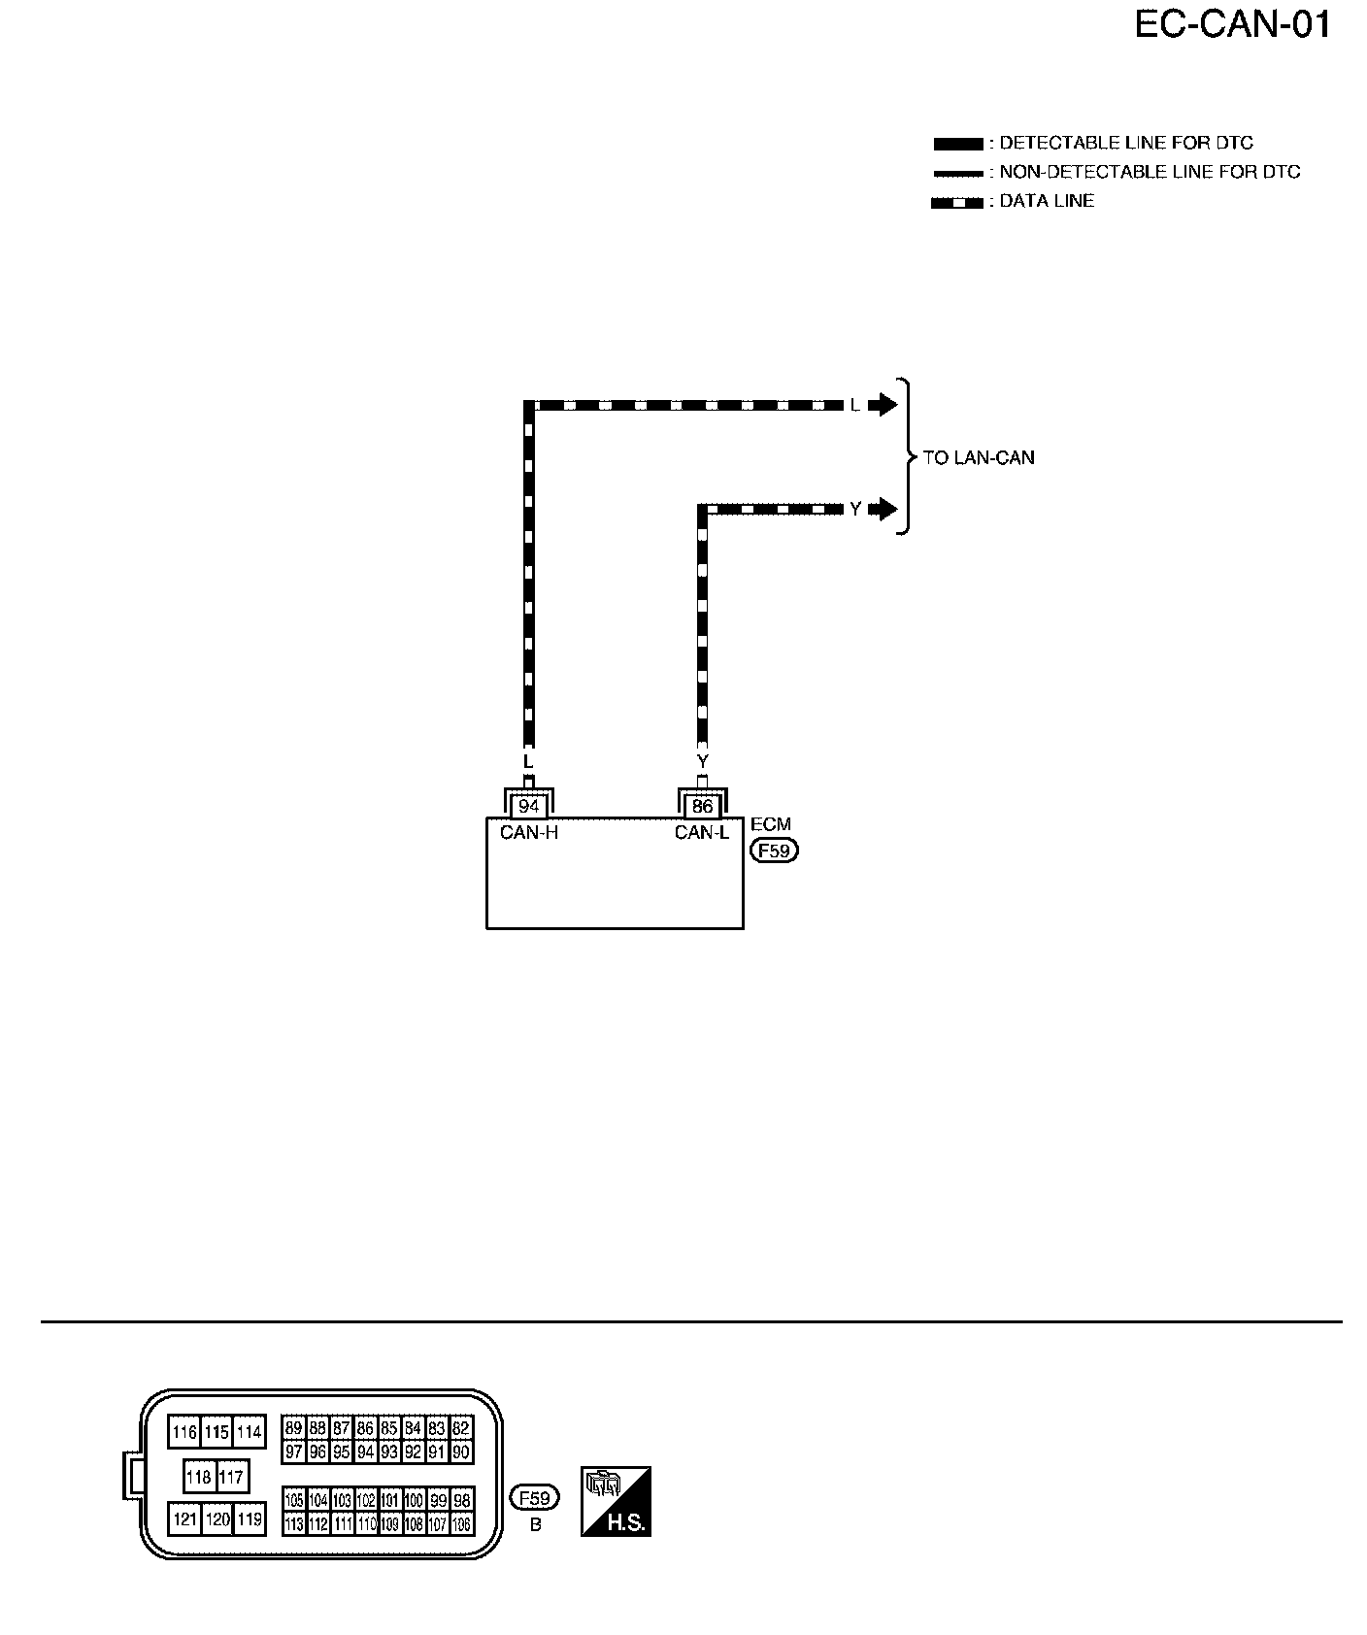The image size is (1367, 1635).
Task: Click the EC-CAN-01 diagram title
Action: point(1232,25)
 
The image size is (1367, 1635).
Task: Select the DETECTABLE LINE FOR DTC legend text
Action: point(1126,144)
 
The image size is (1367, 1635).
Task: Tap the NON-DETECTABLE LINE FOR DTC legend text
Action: point(1150,173)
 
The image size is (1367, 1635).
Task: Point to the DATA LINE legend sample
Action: point(956,203)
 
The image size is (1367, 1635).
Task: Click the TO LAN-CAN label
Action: point(979,457)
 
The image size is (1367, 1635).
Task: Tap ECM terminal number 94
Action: point(528,807)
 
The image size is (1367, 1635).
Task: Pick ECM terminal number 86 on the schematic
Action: point(702,807)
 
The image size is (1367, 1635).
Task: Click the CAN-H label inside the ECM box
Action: point(528,832)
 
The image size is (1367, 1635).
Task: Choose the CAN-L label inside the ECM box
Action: point(701,832)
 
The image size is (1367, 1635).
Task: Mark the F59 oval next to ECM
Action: point(774,851)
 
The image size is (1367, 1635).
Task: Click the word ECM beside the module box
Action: point(771,824)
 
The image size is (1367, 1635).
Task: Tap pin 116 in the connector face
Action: point(183,1432)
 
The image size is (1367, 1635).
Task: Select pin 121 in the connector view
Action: point(183,1518)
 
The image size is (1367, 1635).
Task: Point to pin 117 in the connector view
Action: point(231,1477)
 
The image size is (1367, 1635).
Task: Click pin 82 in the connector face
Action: point(461,1427)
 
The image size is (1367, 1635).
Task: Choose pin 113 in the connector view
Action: point(294,1524)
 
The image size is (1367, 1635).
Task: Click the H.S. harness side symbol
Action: point(616,1502)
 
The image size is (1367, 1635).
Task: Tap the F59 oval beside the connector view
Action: point(535,1498)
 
